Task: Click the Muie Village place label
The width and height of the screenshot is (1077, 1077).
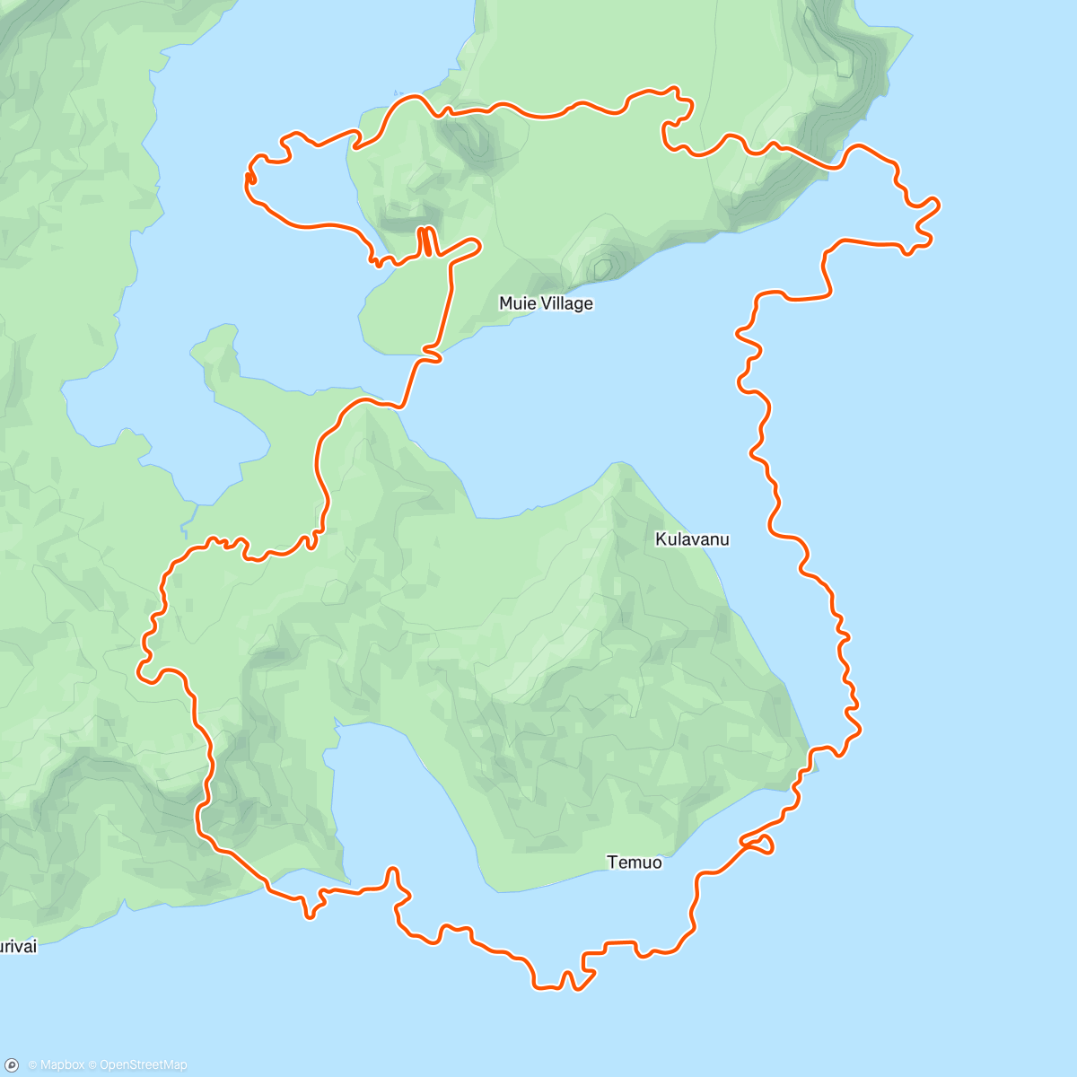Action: pyautogui.click(x=546, y=303)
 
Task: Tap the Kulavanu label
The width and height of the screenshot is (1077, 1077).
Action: pyautogui.click(x=692, y=539)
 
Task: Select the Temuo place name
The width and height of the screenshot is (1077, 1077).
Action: pyautogui.click(x=635, y=862)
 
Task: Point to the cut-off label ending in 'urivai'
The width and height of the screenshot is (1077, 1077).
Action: pyautogui.click(x=18, y=946)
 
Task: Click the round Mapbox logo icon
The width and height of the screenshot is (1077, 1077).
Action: pyautogui.click(x=13, y=1064)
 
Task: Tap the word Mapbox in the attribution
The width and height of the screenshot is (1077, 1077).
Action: pyautogui.click(x=62, y=1065)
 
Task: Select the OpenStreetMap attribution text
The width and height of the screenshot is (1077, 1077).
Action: pyautogui.click(x=144, y=1065)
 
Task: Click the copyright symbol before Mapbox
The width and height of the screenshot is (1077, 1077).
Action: pyautogui.click(x=32, y=1065)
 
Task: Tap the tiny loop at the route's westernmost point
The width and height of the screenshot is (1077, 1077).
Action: pyautogui.click(x=250, y=179)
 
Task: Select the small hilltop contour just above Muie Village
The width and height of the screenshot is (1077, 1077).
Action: pyautogui.click(x=600, y=267)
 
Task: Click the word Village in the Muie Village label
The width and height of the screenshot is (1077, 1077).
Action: pyautogui.click(x=566, y=303)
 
